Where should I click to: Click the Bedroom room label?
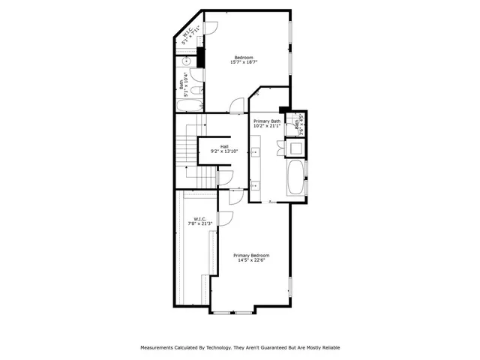pos(243,58)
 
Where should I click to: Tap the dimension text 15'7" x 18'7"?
pos(243,63)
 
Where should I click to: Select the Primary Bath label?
pos(266,121)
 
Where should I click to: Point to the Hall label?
pos(224,146)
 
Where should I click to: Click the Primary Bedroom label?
pos(251,255)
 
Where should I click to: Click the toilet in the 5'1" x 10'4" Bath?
pos(196,74)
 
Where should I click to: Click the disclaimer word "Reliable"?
pos(328,348)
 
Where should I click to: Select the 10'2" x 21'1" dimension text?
pos(266,126)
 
